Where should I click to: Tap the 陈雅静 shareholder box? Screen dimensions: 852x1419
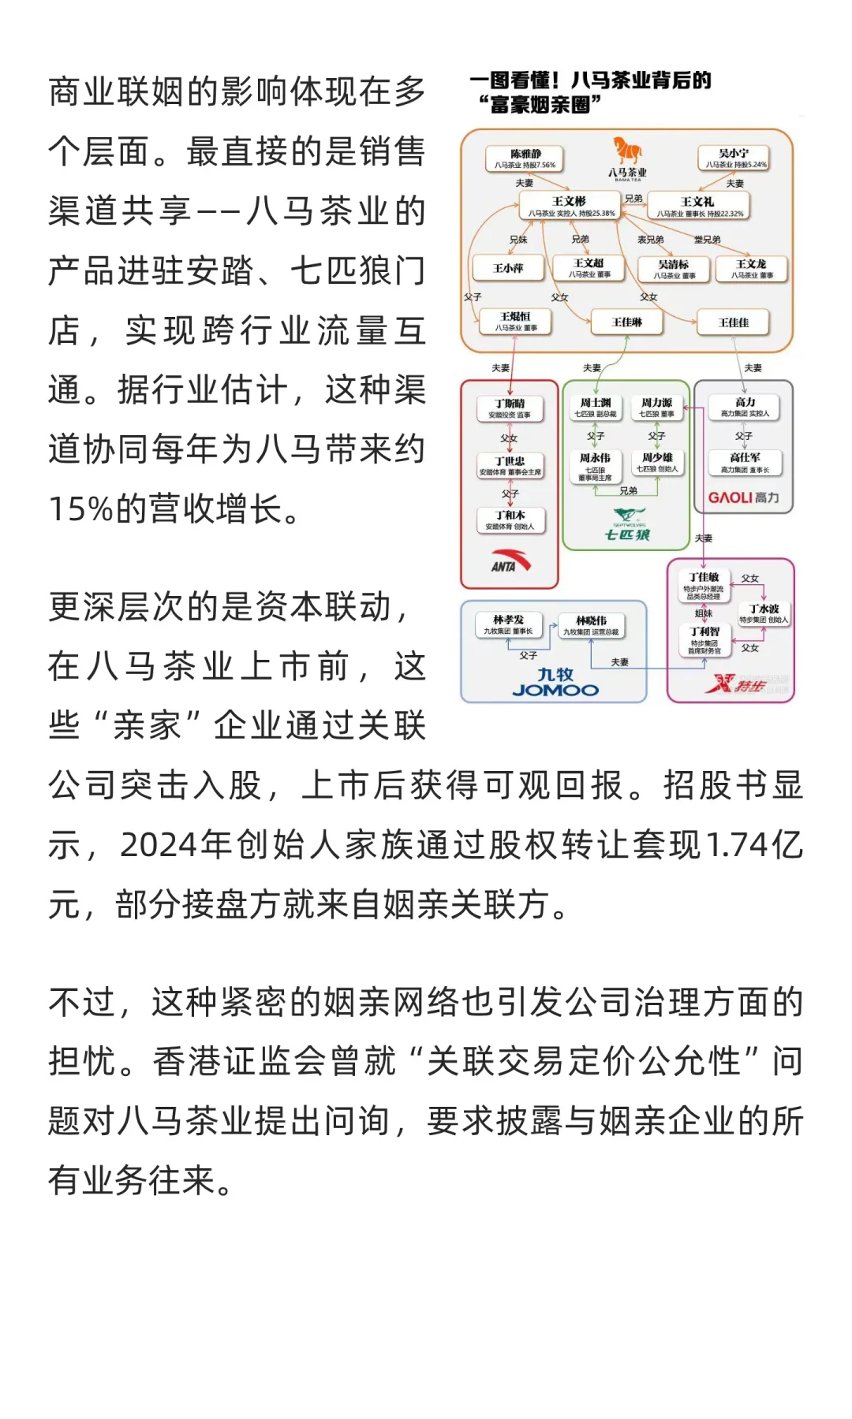tap(525, 158)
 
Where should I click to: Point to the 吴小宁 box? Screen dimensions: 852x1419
tap(734, 158)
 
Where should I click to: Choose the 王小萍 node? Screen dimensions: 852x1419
tap(508, 268)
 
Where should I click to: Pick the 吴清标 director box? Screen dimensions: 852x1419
tap(674, 269)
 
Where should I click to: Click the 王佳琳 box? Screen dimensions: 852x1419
tap(627, 322)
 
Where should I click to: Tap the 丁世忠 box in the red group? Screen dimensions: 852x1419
tap(510, 466)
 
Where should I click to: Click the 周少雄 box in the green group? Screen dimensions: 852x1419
tap(657, 462)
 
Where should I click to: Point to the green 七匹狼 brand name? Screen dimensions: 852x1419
tap(627, 535)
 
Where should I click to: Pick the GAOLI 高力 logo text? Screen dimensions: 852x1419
tap(743, 497)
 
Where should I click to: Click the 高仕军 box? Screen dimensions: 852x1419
tap(745, 462)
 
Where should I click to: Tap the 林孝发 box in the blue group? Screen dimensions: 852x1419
tap(508, 624)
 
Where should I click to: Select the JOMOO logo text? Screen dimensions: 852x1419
tap(555, 691)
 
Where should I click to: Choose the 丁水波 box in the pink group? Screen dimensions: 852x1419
tap(764, 613)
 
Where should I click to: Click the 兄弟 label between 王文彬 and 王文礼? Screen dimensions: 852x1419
tap(633, 199)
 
